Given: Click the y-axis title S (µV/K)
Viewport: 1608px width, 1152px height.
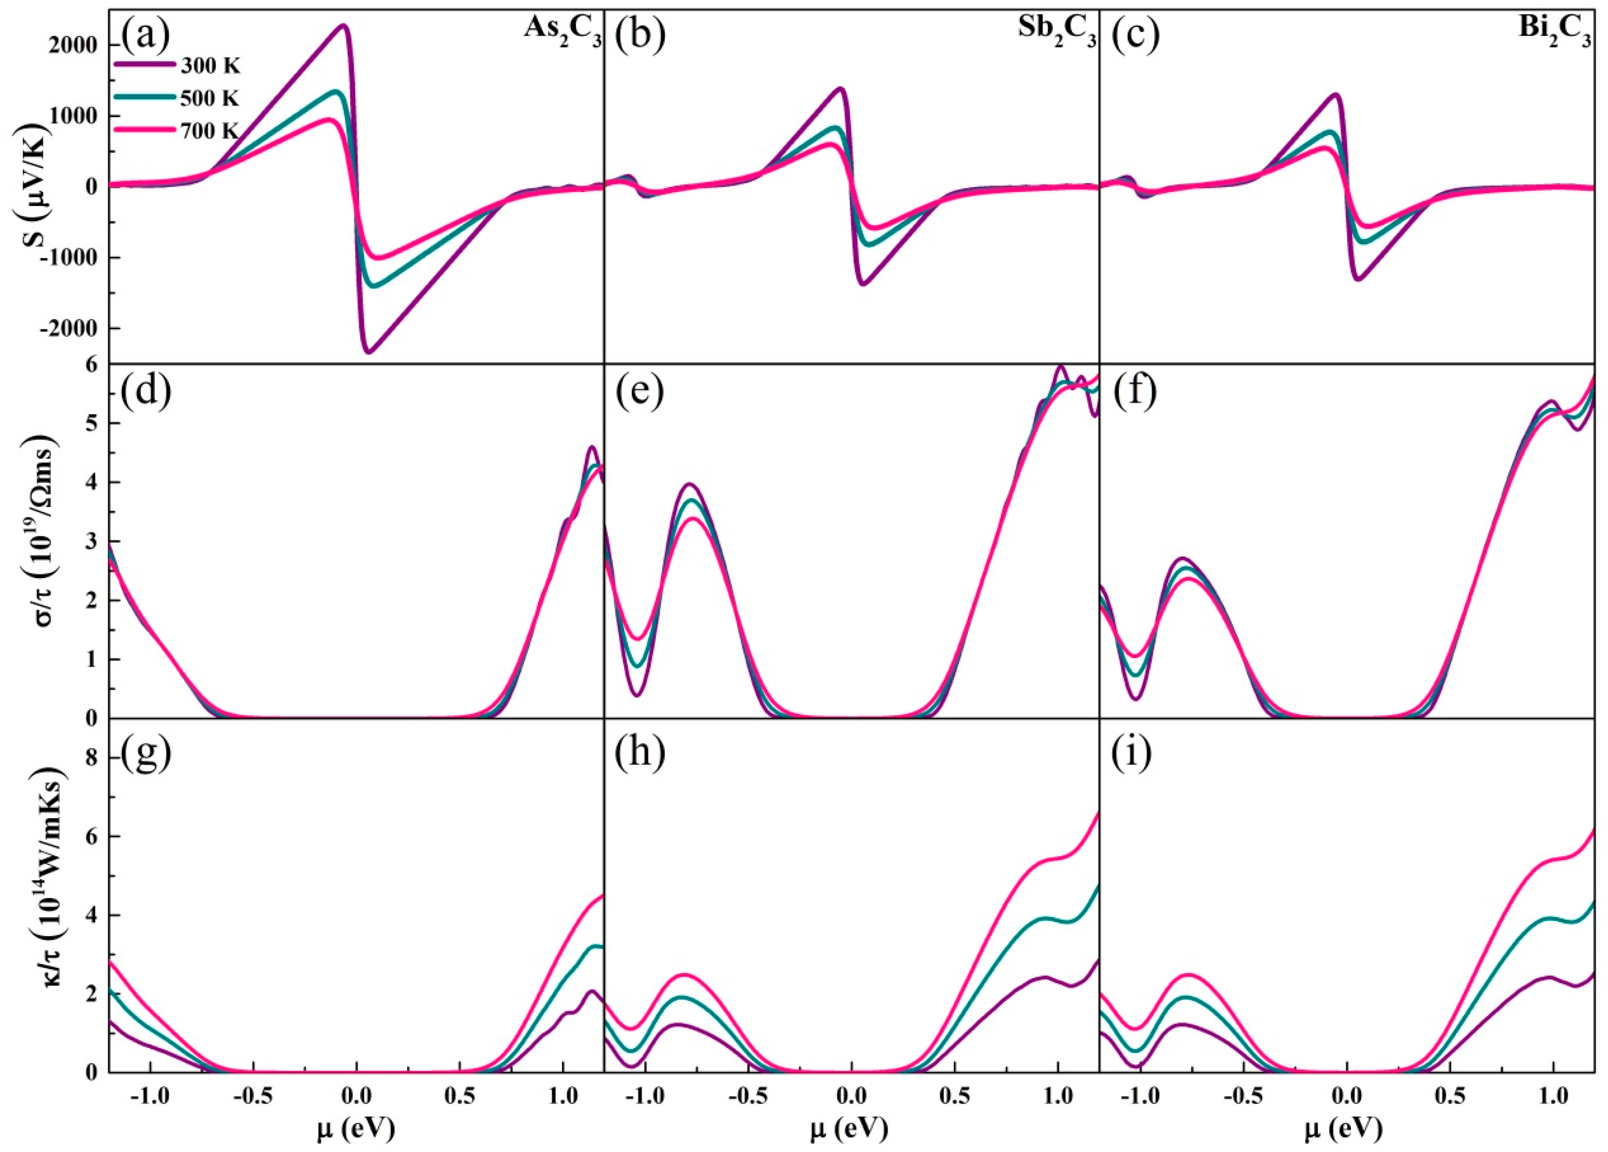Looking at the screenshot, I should (43, 186).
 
